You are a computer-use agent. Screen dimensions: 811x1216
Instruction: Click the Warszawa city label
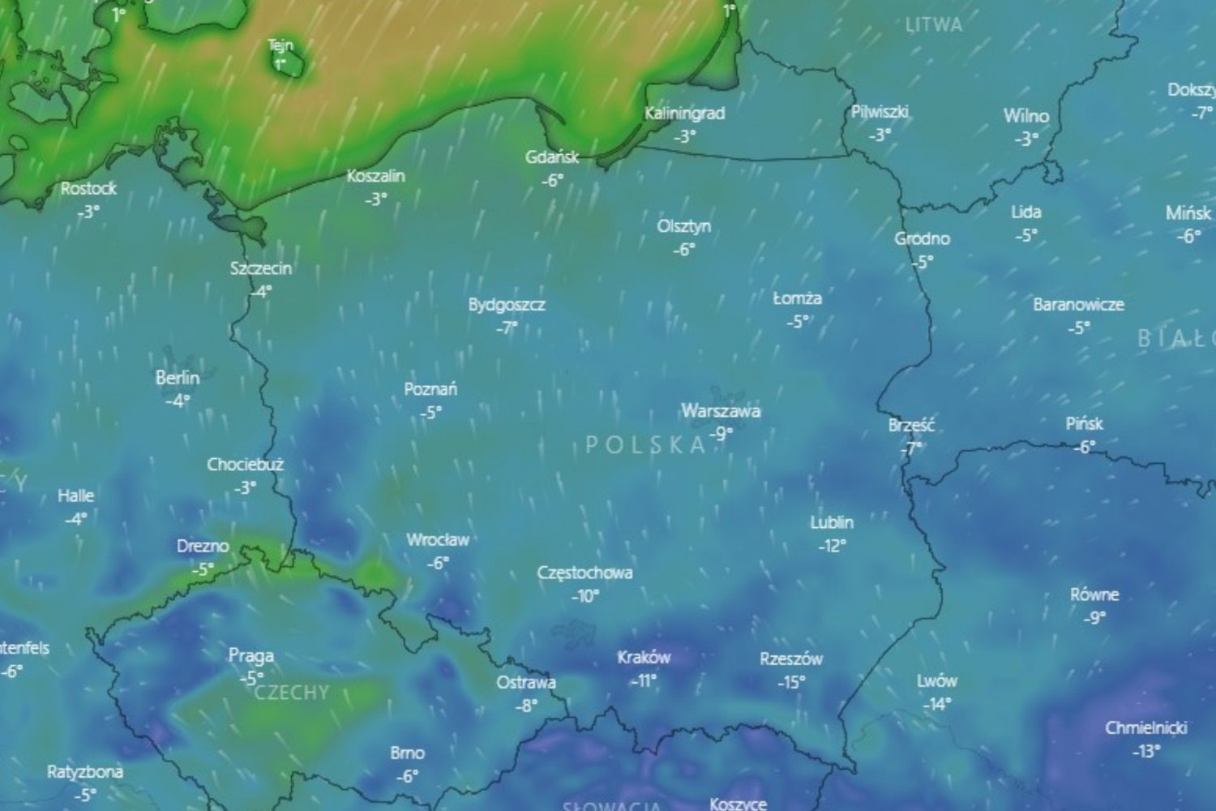[720, 411]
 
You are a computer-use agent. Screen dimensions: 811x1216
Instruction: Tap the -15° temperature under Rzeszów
[791, 683]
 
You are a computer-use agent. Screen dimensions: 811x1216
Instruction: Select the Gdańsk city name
[552, 157]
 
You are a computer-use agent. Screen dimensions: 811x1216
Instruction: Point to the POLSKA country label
[645, 444]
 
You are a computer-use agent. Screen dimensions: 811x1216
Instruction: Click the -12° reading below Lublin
[832, 546]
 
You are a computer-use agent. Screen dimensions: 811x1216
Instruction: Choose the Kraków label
[644, 658]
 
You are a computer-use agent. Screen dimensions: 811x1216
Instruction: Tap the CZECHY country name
[292, 693]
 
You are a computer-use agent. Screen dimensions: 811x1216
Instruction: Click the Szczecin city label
[260, 268]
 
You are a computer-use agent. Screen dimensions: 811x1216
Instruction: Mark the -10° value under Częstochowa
[585, 596]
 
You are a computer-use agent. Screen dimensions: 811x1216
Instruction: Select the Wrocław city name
[438, 540]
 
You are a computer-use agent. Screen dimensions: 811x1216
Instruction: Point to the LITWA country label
[934, 25]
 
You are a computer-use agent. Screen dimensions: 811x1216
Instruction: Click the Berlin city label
[178, 378]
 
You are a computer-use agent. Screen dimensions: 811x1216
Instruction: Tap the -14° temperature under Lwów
[937, 705]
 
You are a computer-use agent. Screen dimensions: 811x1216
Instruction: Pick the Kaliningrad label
[684, 114]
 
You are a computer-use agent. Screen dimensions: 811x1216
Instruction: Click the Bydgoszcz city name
[507, 306]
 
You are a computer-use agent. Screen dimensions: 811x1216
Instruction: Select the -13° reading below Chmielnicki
[1145, 751]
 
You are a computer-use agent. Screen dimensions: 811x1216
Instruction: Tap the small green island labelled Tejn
[289, 64]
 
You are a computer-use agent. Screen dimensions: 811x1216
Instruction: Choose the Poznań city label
[430, 389]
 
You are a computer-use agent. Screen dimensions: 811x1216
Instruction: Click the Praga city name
[250, 655]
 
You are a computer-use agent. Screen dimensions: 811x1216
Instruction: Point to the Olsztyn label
[683, 226]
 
